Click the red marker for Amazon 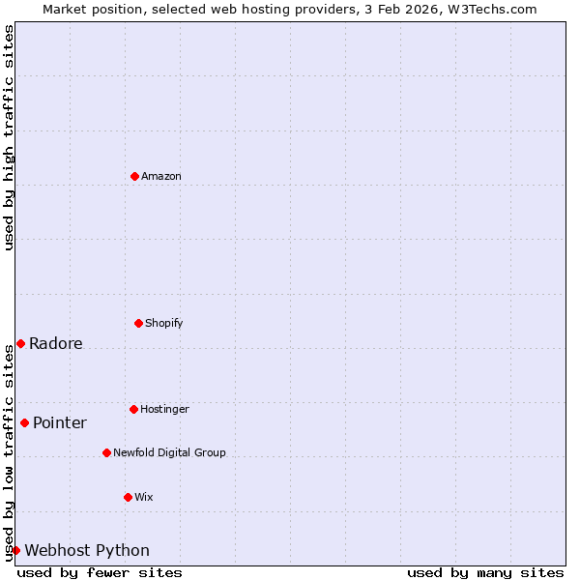pos(134,176)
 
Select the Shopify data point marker pos(138,323)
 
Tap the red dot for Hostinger pos(133,409)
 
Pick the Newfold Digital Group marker pos(106,452)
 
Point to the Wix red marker pos(128,497)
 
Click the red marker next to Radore pos(20,343)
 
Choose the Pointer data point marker pos(24,422)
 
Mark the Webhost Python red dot pos(15,550)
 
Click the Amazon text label pos(161,176)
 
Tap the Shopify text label pos(164,323)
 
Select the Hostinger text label pos(164,409)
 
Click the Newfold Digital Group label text pos(169,452)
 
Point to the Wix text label pos(144,497)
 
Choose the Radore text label pos(56,343)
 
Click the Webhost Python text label pos(87,551)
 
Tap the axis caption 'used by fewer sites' pos(100,572)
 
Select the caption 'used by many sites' pos(485,572)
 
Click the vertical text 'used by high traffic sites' pos(9,137)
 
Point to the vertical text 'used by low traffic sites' pos(9,452)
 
